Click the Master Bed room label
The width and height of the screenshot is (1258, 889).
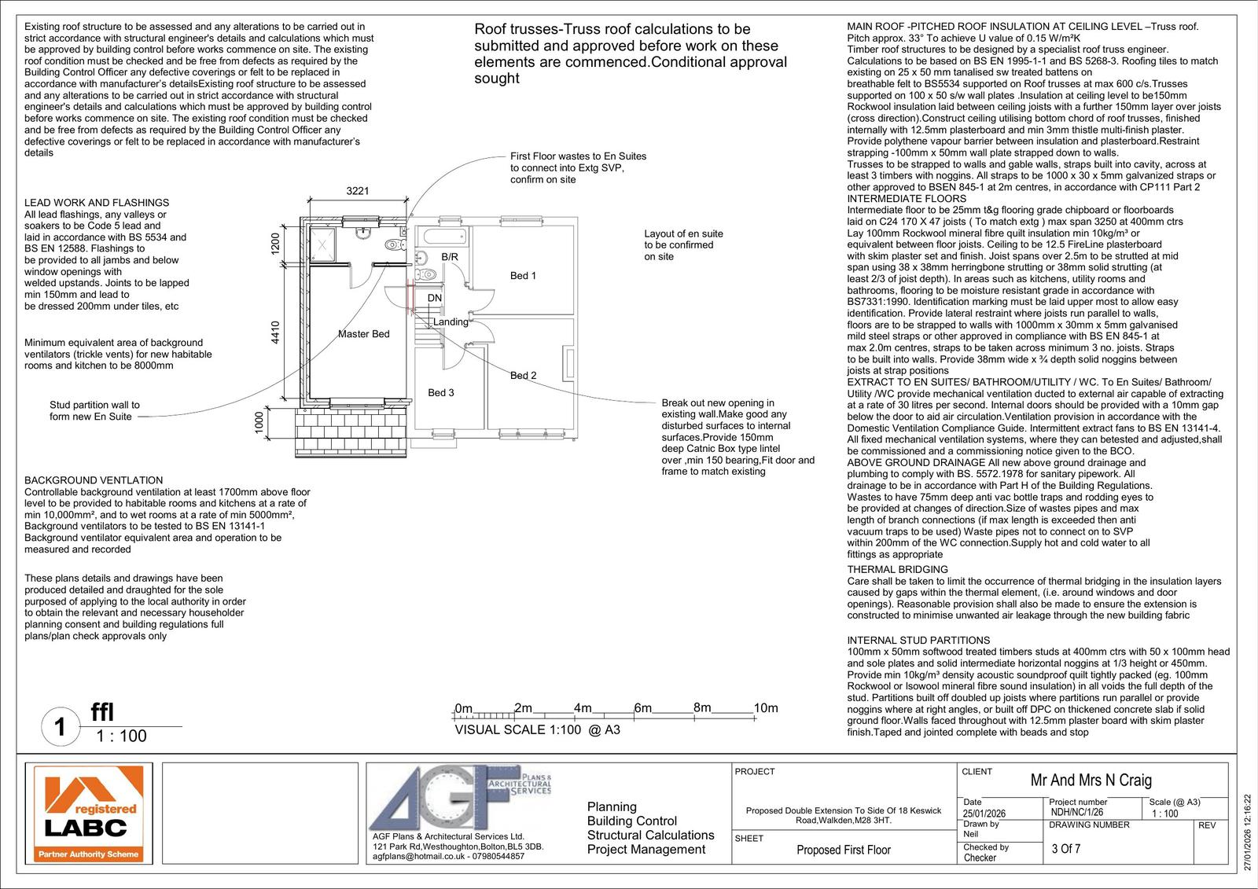363,334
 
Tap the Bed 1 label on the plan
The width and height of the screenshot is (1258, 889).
523,276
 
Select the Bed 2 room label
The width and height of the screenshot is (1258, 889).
523,376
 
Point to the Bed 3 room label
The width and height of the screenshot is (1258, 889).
440,393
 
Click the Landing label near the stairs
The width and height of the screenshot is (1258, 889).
451,321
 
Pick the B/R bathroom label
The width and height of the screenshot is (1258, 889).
449,257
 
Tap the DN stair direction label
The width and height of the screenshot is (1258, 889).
434,299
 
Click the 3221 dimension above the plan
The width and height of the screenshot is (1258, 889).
358,191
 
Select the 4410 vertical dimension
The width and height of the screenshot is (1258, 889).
275,332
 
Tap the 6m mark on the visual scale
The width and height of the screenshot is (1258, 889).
642,708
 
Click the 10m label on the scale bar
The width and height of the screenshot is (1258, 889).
765,708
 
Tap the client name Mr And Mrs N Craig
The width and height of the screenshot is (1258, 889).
1091,781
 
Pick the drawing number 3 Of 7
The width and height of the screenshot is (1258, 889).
1066,849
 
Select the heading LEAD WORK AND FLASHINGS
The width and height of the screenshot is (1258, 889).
97,203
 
